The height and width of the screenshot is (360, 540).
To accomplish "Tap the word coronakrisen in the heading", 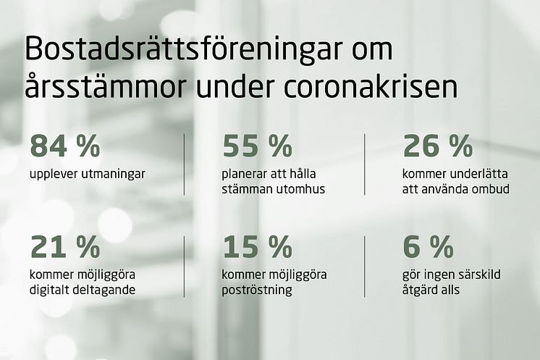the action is tap(371, 86).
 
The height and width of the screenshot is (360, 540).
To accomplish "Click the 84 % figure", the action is tap(65, 146).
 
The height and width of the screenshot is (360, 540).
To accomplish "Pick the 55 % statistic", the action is tap(257, 146).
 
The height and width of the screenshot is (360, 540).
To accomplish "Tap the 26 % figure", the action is tap(438, 146).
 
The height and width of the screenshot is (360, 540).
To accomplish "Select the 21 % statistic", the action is tap(65, 247).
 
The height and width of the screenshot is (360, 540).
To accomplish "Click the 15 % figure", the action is tap(257, 247).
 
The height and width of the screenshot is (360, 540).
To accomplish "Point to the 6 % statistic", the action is tap(428, 247).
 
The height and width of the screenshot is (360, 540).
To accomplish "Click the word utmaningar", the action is tap(114, 175).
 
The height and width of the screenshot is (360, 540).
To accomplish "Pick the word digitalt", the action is tap(50, 290).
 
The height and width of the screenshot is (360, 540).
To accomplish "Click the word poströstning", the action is tap(257, 290).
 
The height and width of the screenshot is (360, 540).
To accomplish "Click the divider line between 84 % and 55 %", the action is tap(185, 164).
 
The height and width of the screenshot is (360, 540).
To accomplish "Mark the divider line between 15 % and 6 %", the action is tap(365, 267).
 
